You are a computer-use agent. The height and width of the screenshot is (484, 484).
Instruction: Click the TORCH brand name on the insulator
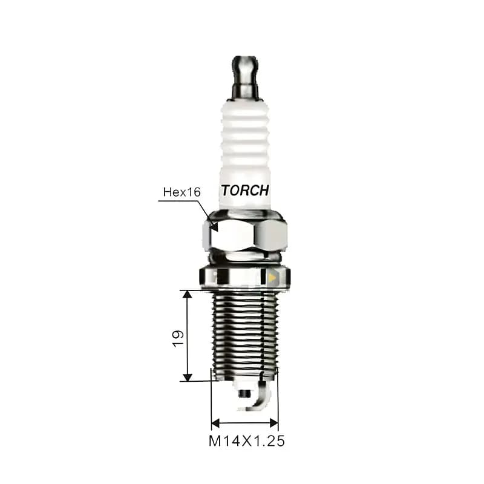pos(245,191)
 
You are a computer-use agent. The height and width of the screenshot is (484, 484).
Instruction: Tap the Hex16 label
pos(182,192)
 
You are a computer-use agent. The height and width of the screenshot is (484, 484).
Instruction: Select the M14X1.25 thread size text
pos(247,441)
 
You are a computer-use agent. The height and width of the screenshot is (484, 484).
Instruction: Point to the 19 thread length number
pos(178,339)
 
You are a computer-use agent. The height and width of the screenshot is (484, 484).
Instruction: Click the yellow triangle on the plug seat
pos(272,278)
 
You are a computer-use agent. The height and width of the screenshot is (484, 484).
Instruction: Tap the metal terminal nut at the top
pos(246,77)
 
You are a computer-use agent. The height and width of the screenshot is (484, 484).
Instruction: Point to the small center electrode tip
pos(244,394)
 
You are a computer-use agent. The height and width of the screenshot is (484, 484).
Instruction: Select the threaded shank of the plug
pos(245,335)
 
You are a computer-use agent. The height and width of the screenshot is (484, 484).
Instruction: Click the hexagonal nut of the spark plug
pos(245,235)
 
